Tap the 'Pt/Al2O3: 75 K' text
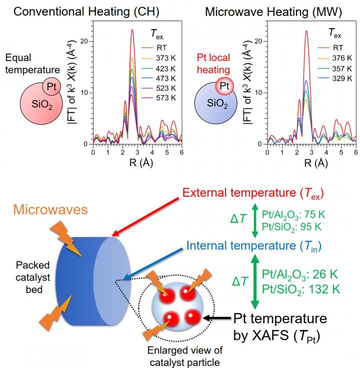pyautogui.click(x=293, y=214)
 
